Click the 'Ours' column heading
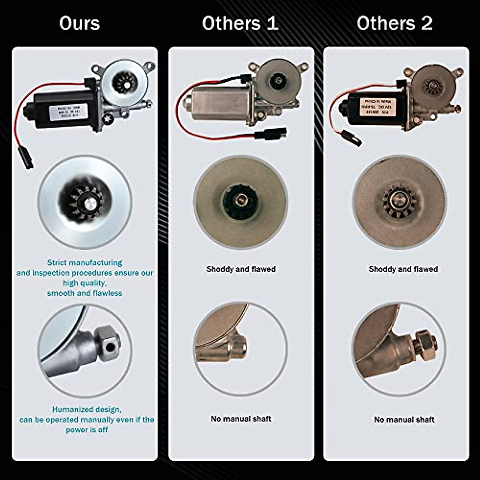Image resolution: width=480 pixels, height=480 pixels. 80,23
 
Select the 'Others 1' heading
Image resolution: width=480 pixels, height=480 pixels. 240,23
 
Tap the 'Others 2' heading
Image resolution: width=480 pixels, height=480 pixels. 394,23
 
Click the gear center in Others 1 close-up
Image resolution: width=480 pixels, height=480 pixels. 241,199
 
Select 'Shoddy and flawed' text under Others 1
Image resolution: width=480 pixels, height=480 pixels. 241,269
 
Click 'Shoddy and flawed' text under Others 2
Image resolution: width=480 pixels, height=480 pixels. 403,269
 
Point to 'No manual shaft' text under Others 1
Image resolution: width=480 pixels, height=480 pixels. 241,419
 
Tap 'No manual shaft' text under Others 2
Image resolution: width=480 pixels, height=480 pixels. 404,420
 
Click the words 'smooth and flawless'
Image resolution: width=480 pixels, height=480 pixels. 85,293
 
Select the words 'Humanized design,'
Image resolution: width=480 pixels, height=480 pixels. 87,410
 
